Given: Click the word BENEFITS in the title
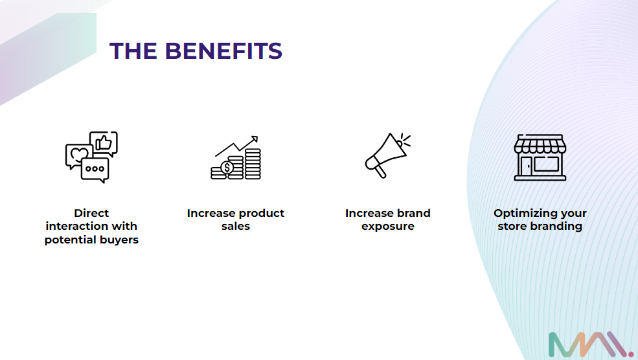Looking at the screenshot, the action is (223, 51).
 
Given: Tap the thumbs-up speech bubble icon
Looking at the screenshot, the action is (104, 144).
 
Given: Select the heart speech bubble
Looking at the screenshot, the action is (78, 155).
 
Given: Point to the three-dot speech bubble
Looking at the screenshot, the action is (95, 170).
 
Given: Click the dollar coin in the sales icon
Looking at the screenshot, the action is (227, 167).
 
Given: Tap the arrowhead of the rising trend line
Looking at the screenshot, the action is (255, 139).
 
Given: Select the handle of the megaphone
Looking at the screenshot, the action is (380, 171).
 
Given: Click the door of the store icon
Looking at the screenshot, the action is (526, 167).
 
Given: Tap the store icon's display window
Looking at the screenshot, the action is (547, 164).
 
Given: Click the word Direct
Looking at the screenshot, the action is (91, 213).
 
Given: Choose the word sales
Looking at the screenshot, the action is (236, 226).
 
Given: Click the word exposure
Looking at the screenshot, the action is (388, 227).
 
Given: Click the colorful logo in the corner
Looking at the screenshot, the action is (591, 345).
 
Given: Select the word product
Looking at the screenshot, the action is (261, 214).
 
